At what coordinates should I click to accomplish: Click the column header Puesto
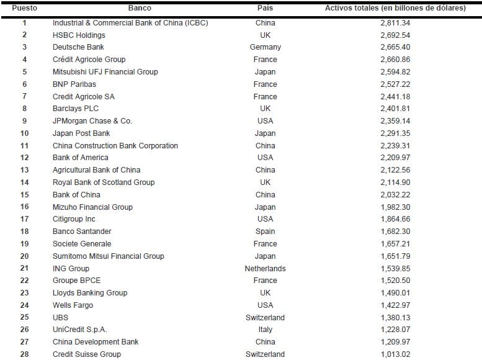click(x=24, y=8)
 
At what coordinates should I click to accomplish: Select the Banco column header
click(x=140, y=8)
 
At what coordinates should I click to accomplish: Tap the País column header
click(x=265, y=8)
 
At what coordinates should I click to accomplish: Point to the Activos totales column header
click(x=395, y=8)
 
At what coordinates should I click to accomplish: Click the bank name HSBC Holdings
click(x=79, y=35)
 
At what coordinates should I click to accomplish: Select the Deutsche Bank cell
click(x=78, y=47)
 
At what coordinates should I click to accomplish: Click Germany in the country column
click(x=265, y=47)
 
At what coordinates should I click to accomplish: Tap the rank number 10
click(x=24, y=133)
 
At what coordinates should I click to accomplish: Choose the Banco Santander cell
click(x=82, y=232)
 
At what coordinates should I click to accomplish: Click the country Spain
click(x=265, y=232)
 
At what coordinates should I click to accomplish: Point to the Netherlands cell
click(x=265, y=269)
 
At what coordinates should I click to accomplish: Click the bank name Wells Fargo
click(x=74, y=305)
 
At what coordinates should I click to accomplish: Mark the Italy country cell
click(x=265, y=330)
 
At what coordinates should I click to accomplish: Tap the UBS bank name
click(x=60, y=318)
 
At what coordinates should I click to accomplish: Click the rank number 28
click(x=24, y=354)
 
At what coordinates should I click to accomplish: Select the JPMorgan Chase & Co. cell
click(x=92, y=121)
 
